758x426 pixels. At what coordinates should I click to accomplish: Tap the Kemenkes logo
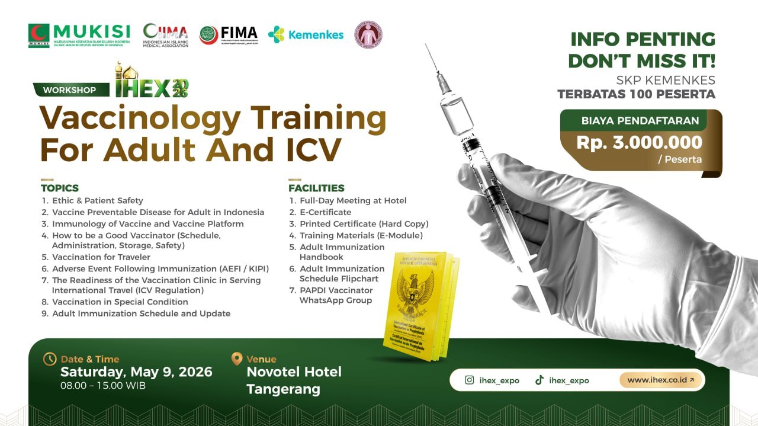click(306, 34)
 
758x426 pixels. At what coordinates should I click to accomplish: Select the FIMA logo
click(229, 34)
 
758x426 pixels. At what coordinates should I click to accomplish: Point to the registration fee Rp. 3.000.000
click(640, 142)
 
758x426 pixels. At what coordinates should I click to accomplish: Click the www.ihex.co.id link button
click(660, 380)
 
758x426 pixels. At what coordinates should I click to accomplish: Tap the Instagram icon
click(470, 380)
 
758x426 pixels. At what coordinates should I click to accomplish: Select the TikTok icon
click(539, 380)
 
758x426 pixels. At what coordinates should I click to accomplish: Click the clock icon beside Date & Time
click(50, 359)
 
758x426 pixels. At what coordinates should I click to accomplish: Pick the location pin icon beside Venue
click(236, 359)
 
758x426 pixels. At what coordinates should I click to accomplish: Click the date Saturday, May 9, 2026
click(136, 372)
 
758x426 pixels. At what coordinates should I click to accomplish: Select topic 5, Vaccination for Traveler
click(101, 257)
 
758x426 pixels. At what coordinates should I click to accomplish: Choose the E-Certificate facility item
click(325, 212)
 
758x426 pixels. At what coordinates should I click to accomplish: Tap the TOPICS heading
click(60, 188)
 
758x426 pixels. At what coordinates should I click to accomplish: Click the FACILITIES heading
click(316, 188)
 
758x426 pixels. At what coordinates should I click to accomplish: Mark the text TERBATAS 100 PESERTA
click(636, 94)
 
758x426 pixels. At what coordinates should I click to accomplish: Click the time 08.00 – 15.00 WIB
click(103, 386)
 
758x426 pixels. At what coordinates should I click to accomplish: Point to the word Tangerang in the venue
click(283, 389)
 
